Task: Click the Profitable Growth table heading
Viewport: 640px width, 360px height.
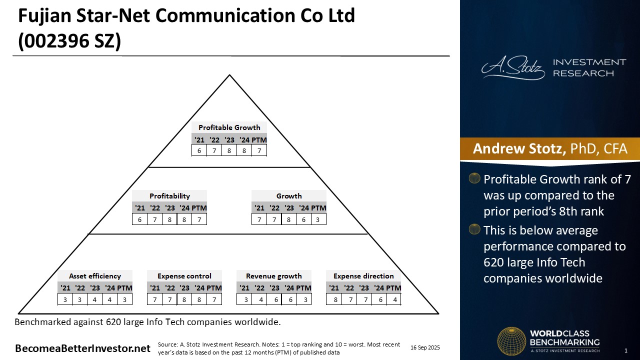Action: tap(229, 127)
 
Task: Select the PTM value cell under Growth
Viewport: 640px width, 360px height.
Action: tap(318, 219)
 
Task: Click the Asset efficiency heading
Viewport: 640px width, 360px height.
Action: tap(95, 276)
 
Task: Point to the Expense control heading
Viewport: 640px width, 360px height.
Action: tap(184, 276)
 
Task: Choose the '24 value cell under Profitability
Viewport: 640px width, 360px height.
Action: tap(184, 219)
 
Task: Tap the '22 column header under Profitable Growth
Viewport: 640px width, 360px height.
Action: tap(214, 140)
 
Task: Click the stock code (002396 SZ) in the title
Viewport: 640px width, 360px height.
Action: tap(69, 41)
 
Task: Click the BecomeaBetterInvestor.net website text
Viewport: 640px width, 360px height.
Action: tap(82, 348)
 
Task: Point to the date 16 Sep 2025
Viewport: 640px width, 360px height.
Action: tap(425, 347)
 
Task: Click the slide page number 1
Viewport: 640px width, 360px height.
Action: tap(626, 350)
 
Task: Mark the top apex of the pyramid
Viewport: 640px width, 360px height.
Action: tap(229, 75)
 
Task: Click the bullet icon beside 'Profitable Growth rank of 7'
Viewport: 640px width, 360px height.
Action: tap(474, 178)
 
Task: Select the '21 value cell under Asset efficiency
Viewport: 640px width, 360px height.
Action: tap(65, 299)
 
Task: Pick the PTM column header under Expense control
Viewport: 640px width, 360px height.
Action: tap(214, 288)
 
